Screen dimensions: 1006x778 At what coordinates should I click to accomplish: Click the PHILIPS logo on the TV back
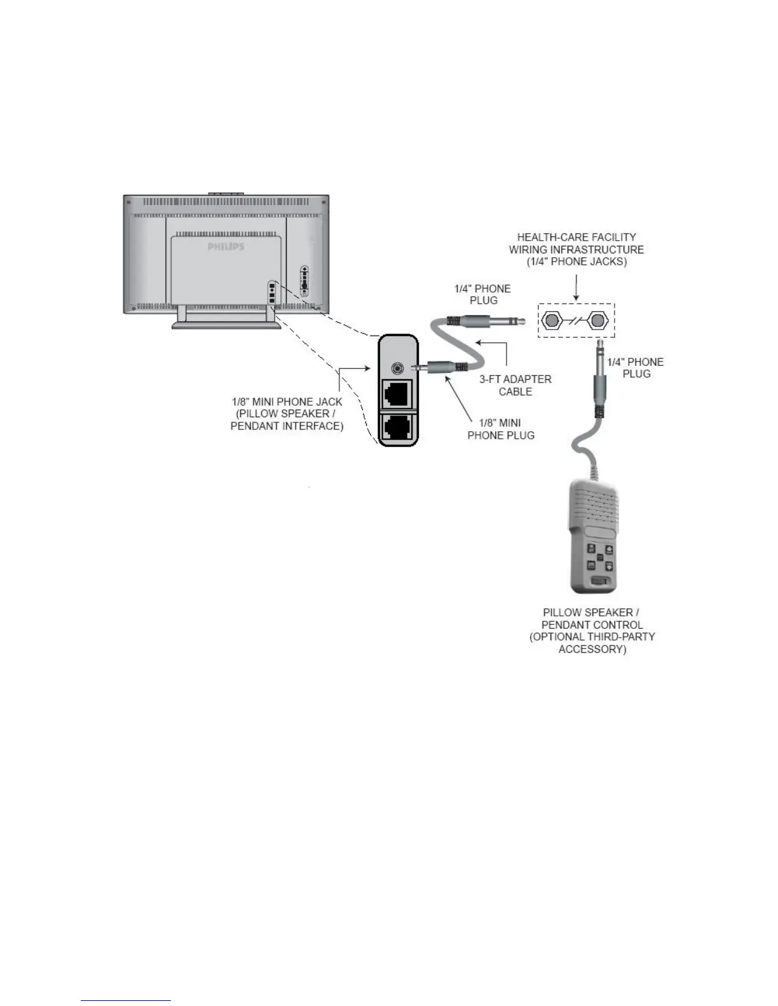pos(226,246)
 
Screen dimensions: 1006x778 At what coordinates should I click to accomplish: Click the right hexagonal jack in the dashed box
pos(596,321)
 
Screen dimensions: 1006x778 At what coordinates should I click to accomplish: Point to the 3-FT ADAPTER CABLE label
pos(515,385)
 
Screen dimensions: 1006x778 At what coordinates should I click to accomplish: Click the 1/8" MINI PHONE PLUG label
pos(501,429)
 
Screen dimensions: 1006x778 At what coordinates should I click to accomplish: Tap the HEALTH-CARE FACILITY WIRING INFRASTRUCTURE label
pos(576,249)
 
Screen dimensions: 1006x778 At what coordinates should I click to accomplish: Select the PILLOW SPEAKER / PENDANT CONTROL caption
pos(592,630)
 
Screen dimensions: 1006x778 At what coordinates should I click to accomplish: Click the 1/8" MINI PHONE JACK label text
pos(287,413)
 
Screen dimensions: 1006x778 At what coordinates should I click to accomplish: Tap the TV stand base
pos(226,326)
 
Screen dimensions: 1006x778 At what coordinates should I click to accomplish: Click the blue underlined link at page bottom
pos(126,1000)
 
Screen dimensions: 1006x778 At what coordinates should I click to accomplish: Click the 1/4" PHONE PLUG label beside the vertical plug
pos(636,368)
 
